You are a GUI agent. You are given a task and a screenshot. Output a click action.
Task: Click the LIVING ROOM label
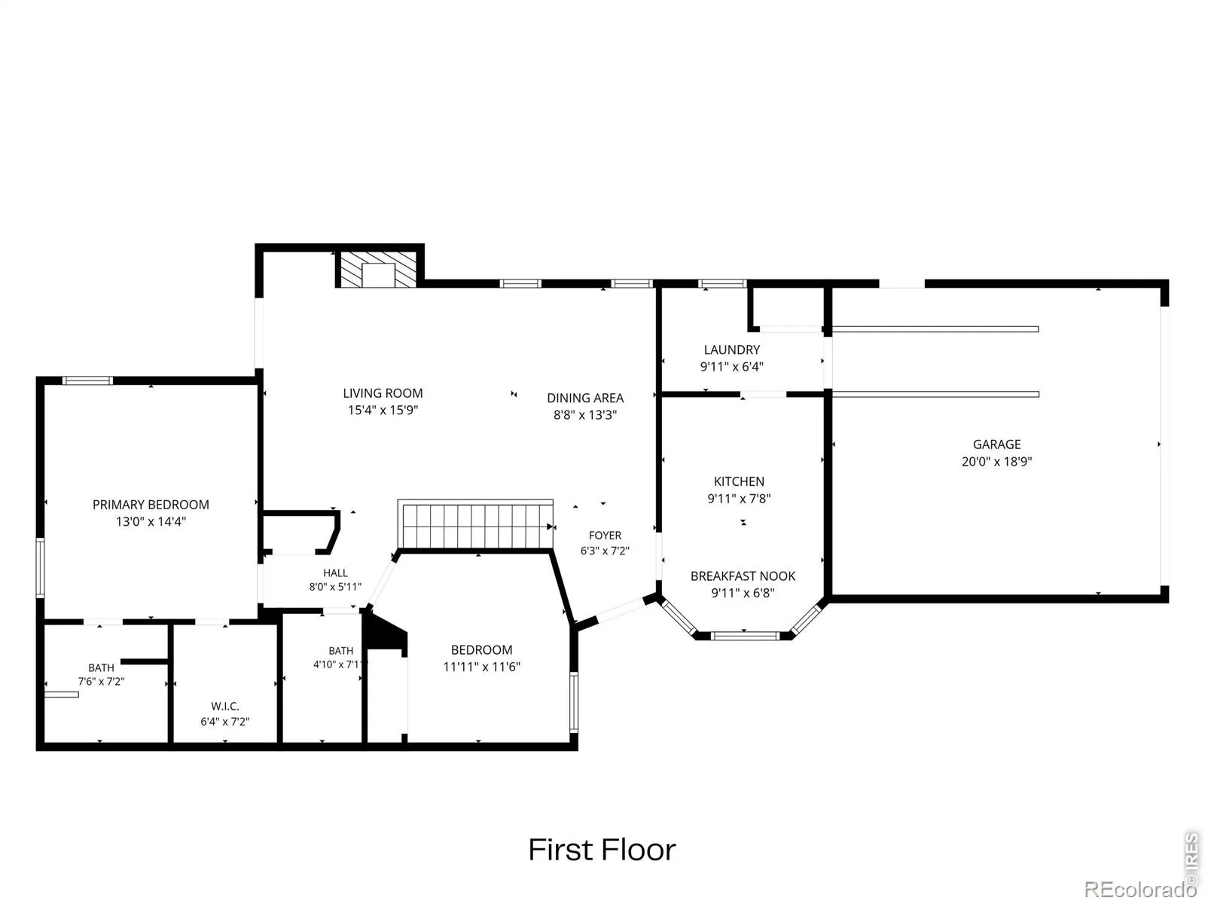tap(383, 393)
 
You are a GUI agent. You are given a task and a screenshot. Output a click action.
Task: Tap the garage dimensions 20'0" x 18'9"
tap(996, 461)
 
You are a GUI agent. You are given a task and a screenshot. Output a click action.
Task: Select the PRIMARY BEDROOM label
tap(151, 505)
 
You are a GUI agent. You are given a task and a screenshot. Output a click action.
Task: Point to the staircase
tap(475, 524)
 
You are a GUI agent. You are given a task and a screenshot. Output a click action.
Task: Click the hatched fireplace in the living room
tap(378, 270)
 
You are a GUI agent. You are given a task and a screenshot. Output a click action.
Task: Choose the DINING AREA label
tap(585, 398)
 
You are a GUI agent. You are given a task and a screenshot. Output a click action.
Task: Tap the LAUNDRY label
tap(732, 350)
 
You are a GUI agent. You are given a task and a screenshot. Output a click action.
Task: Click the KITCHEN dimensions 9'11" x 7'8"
tap(739, 499)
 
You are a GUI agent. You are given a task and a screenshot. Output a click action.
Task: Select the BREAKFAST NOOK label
tap(743, 576)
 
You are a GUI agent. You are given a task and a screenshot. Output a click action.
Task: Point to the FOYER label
tap(605, 535)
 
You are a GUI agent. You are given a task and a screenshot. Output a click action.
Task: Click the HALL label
tap(335, 573)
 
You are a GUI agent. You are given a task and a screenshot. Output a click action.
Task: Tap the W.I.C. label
tap(225, 706)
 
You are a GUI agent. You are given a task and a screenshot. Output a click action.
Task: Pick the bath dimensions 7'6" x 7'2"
tap(101, 681)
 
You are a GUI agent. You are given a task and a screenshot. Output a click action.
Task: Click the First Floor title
tap(602, 850)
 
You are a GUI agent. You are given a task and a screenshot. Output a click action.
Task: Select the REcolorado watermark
tap(1141, 889)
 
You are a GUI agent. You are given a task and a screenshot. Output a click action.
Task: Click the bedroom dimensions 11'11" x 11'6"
tap(481, 667)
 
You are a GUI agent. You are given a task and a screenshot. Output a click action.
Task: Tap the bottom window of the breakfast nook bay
tap(745, 636)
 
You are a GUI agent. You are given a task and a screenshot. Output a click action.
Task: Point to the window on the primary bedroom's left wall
tap(40, 567)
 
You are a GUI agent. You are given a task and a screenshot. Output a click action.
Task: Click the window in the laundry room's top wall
tap(722, 284)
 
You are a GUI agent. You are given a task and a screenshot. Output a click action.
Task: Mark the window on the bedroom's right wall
tap(574, 703)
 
